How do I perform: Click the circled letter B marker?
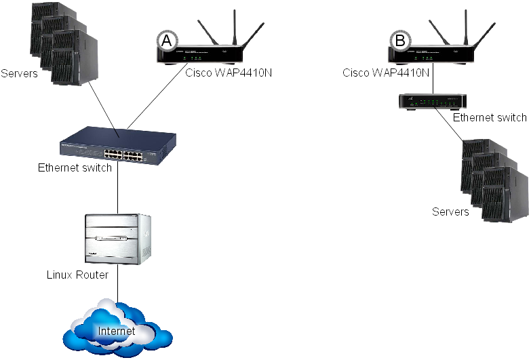click(x=400, y=41)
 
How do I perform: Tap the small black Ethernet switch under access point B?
click(x=432, y=102)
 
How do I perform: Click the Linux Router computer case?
click(x=118, y=239)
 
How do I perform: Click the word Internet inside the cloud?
click(x=117, y=332)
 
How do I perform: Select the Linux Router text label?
click(x=77, y=275)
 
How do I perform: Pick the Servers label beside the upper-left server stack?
click(x=19, y=73)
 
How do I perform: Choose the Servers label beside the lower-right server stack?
click(x=450, y=212)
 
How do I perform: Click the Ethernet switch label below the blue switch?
click(x=75, y=167)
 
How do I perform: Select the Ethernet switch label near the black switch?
click(x=490, y=118)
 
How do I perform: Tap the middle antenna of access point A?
click(x=235, y=27)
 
